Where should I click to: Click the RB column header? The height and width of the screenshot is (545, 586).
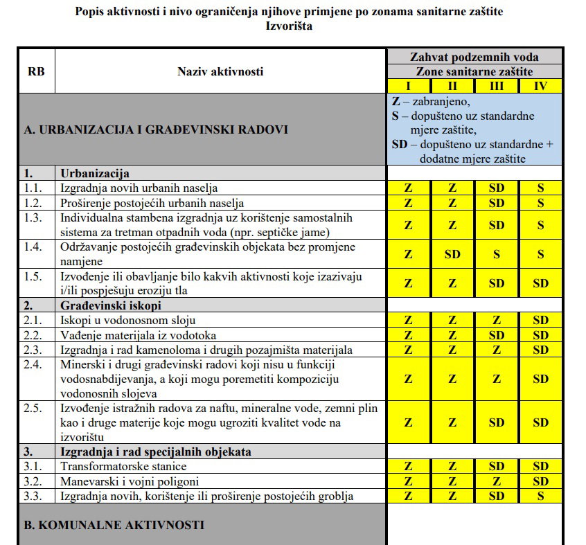pos(36,71)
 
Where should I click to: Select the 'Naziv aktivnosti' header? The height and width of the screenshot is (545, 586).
pos(220,71)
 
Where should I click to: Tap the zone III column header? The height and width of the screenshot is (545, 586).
pos(497,86)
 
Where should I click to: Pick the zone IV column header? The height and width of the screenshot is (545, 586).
pos(541,86)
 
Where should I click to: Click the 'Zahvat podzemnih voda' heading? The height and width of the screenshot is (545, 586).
pos(474,57)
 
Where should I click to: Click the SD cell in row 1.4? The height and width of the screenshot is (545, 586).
pos(452,254)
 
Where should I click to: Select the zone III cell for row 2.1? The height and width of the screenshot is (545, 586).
pos(497,319)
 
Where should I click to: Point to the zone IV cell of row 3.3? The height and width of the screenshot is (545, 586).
pos(541,495)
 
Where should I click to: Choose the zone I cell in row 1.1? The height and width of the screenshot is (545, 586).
pos(408,187)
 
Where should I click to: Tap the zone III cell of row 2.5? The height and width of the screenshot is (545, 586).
pos(497,422)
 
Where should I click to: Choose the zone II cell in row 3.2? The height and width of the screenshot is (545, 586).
pos(452,481)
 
